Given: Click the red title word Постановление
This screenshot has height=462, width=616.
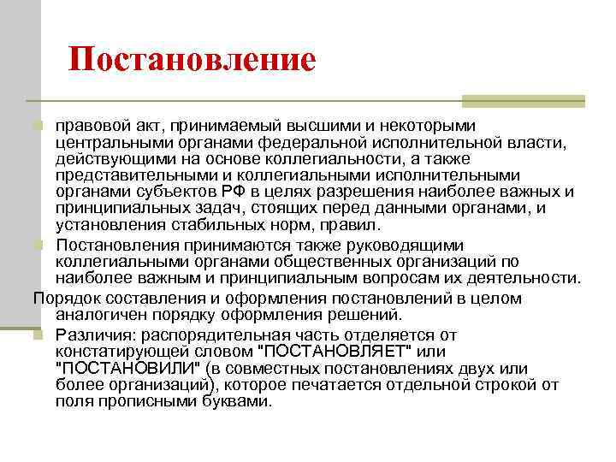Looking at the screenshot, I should [x=192, y=60].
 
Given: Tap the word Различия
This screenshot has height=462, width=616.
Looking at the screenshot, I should [x=96, y=335].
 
